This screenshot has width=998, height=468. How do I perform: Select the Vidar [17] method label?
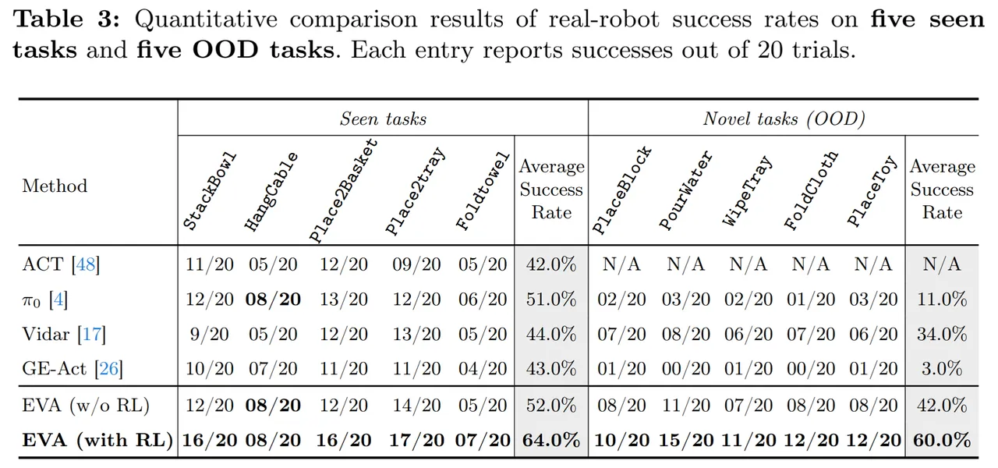[64, 334]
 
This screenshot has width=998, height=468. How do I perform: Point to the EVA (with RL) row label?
[97, 440]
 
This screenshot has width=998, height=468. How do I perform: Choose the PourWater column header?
[685, 190]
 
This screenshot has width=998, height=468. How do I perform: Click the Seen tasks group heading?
[382, 119]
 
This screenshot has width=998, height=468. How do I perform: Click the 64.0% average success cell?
[551, 440]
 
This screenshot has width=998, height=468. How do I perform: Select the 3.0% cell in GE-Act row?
[942, 368]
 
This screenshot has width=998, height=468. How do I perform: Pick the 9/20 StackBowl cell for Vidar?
[209, 334]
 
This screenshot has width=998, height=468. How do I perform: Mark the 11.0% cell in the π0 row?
[942, 299]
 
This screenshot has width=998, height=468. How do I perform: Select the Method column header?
[55, 186]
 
